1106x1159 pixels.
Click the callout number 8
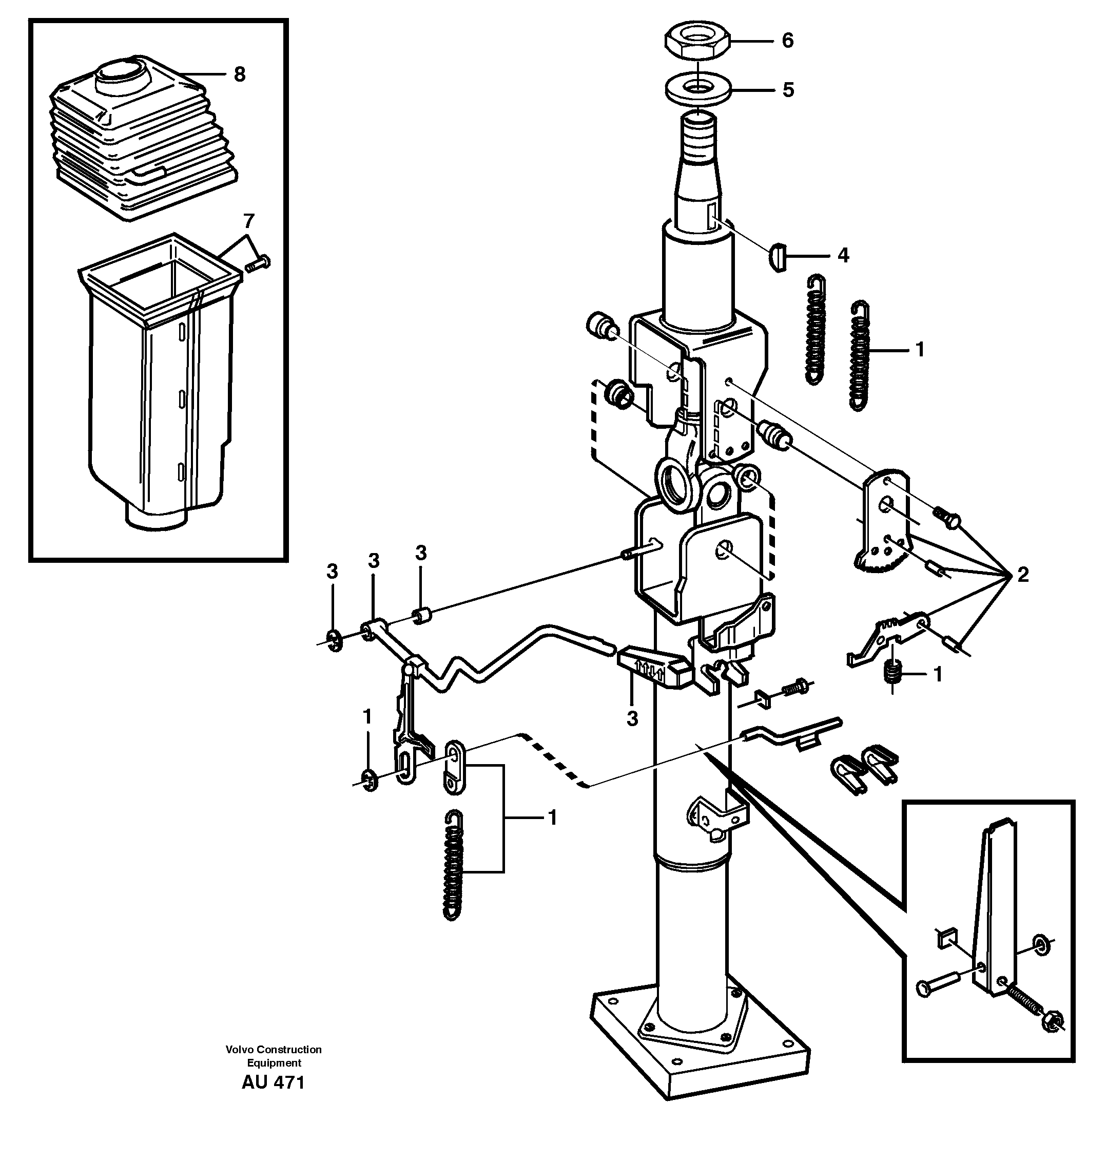239,74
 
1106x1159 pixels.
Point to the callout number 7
249,221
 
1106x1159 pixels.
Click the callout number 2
1023,574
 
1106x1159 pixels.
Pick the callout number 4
843,255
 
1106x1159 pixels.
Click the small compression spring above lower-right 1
894,672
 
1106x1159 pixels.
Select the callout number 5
788,90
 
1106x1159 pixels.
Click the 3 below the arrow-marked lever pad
632,718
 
